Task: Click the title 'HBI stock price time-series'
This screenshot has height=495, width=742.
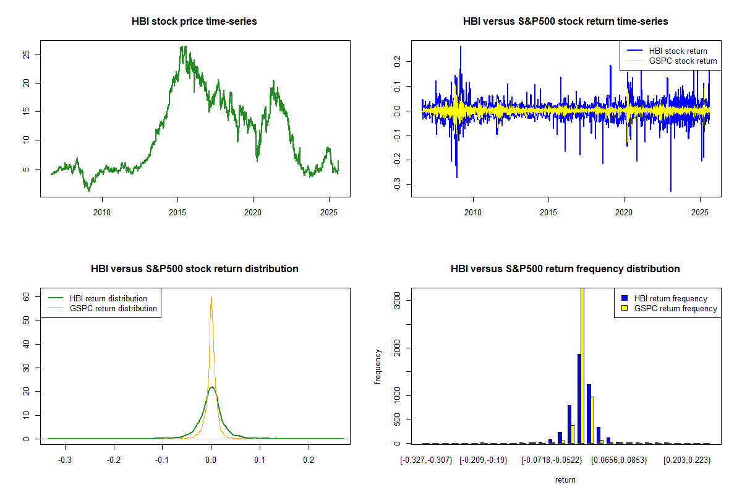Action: point(194,22)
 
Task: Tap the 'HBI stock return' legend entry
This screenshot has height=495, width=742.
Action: point(678,51)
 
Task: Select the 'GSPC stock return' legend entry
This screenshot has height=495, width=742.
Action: point(683,61)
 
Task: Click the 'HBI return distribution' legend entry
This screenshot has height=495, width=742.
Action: point(108,298)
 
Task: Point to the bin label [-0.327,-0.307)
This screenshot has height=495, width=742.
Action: point(426,461)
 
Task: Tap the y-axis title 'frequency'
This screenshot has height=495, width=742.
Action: point(378,366)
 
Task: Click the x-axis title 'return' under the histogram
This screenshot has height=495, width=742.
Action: point(565,480)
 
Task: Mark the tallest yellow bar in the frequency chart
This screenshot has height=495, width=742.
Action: point(582,365)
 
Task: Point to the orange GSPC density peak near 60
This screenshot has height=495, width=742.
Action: point(211,298)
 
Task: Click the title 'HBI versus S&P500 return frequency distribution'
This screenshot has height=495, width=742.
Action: point(565,269)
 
